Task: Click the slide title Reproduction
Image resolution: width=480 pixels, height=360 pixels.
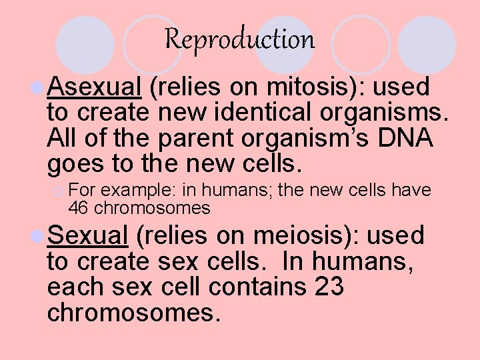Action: pyautogui.click(x=239, y=39)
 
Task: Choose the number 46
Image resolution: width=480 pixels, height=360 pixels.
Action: pyautogui.click(x=79, y=208)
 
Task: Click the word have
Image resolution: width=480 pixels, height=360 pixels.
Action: pyautogui.click(x=411, y=190)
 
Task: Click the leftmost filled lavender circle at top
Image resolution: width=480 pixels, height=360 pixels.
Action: pyautogui.click(x=84, y=44)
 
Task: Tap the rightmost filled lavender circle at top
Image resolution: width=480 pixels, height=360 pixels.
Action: pyautogui.click(x=427, y=44)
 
